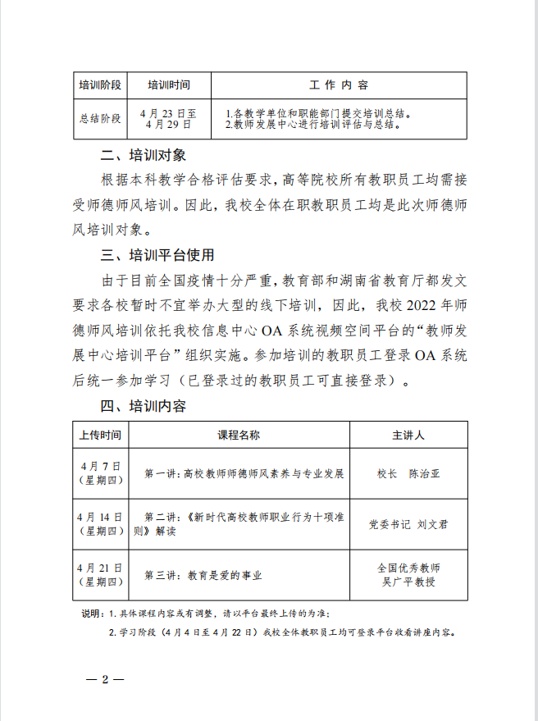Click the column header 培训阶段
[100, 85]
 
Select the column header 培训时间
[169, 85]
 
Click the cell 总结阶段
[100, 119]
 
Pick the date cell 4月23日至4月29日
[169, 119]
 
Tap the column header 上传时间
[100, 435]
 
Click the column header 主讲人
[408, 435]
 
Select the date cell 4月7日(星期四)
[100, 473]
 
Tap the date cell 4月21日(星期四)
[100, 574]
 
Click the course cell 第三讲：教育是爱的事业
[203, 575]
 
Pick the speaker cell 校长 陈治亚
[408, 473]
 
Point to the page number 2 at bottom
[105, 680]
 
